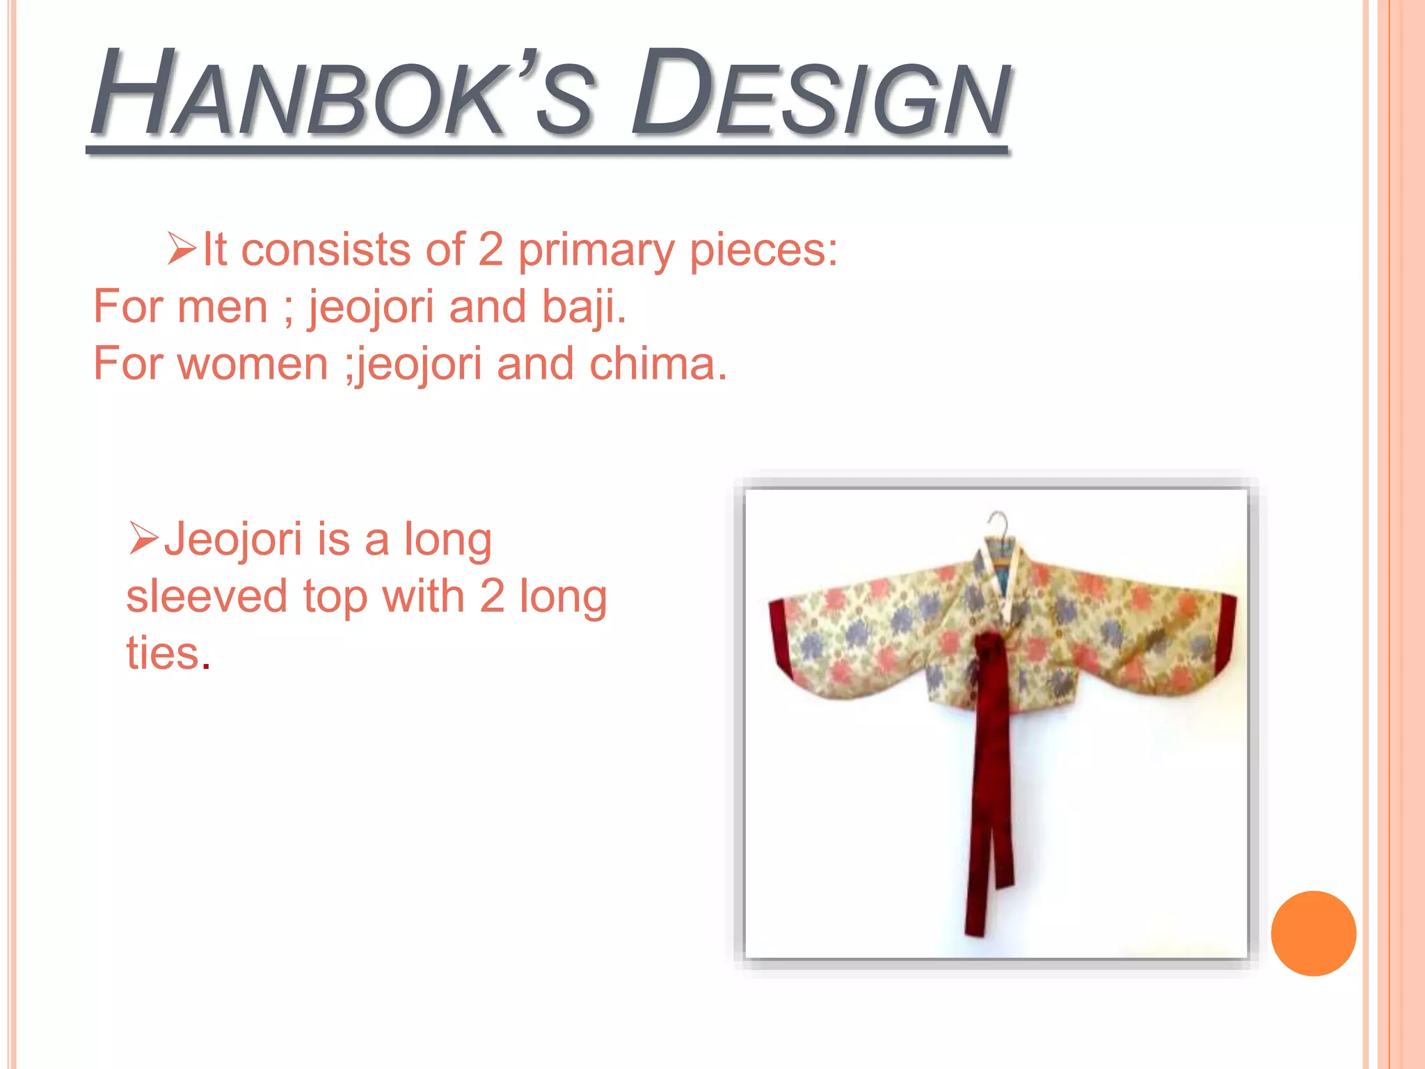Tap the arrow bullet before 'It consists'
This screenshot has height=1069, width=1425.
182,249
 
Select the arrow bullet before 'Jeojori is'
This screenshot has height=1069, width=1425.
144,539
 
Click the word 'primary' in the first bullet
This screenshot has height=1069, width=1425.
595,251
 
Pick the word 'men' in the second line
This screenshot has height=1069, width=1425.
223,307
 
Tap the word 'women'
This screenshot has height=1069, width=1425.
253,364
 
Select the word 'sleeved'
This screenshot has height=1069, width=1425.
207,596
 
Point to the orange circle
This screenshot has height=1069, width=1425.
1313,933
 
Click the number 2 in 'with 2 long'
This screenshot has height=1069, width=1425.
492,596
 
